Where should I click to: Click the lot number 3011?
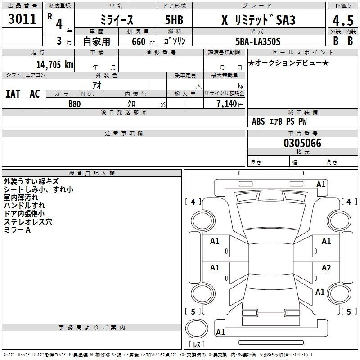[x=22, y=19]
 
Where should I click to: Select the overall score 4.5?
[x=343, y=20]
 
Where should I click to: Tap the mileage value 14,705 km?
[x=54, y=64]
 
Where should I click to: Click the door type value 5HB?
[x=174, y=20]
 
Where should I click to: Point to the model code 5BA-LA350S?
[x=258, y=41]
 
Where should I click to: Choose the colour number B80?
[x=75, y=104]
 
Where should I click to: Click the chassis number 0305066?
[x=302, y=143]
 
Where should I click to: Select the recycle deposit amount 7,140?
[x=227, y=104]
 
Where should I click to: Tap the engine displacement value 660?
[x=139, y=41]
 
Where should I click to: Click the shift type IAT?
[x=13, y=94]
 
